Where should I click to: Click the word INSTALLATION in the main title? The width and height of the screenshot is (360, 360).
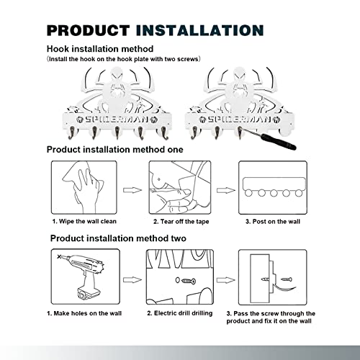point(200,30)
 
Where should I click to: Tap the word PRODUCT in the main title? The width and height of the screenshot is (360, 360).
point(89,30)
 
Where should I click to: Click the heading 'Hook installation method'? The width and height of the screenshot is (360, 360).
point(100,49)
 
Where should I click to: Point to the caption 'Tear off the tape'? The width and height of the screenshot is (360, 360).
point(184,222)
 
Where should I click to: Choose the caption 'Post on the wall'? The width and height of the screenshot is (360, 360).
point(276,222)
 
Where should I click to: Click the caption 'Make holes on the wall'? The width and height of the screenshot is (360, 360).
point(88,313)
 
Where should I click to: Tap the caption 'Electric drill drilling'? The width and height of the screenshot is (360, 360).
point(183,313)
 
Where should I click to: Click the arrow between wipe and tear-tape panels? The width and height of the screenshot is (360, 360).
point(132,190)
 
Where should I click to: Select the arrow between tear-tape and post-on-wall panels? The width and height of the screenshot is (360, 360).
point(226,190)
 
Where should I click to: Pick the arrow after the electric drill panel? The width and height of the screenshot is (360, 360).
point(132,280)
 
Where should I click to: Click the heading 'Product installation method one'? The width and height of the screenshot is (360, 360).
point(114,150)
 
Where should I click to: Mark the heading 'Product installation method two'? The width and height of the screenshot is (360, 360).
point(118,238)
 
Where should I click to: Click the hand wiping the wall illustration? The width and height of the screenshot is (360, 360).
point(84,187)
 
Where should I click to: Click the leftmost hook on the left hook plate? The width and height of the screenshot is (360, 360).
point(72,132)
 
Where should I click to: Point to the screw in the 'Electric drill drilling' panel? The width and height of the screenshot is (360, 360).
point(189,281)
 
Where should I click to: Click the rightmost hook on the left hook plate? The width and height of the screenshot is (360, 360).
point(164,132)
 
